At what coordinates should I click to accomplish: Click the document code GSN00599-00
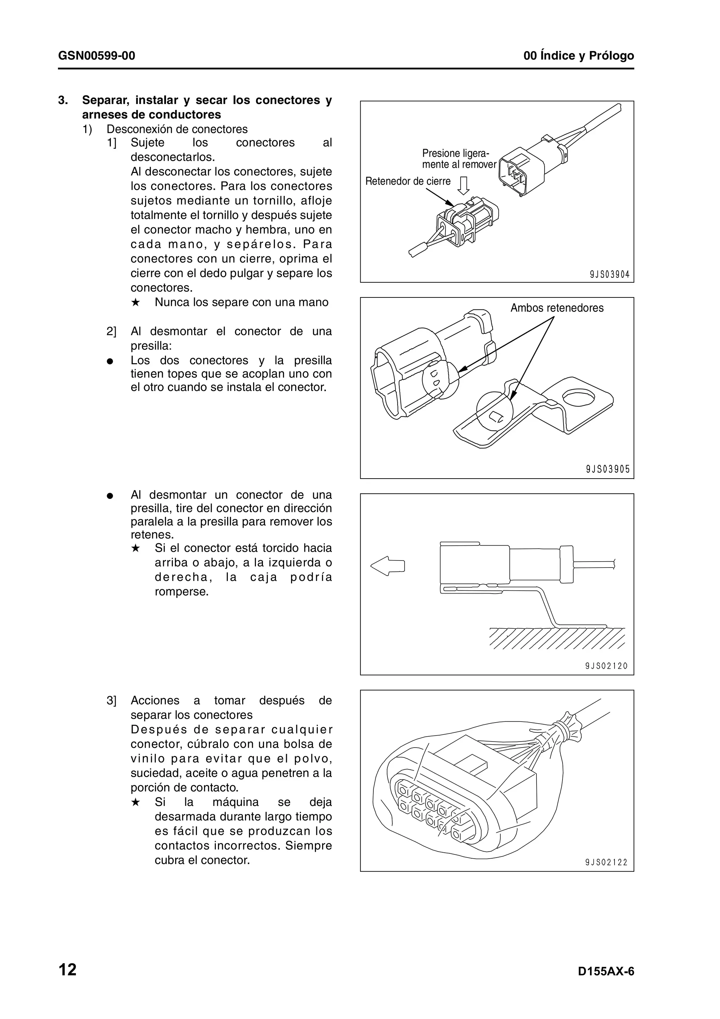coord(96,56)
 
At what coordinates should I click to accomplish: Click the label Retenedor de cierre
coord(408,181)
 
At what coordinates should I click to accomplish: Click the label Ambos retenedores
coord(557,308)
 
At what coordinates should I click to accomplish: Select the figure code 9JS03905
coord(607,469)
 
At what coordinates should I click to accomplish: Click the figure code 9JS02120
coord(606,666)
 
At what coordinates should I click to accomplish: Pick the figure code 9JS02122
coord(606,862)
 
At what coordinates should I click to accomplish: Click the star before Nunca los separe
coord(136,303)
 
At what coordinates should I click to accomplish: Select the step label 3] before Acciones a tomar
coord(111,701)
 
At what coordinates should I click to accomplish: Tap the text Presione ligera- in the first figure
coord(455,154)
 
